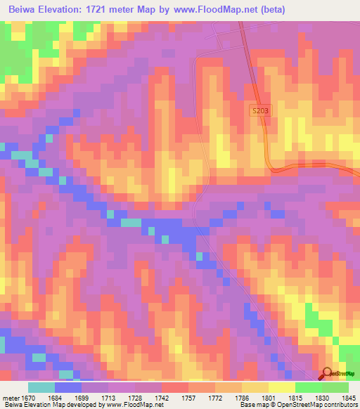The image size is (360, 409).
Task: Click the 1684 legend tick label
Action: tap(56, 398)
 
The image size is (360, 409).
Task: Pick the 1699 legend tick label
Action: tap(82, 398)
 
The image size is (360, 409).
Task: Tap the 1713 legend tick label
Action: tap(109, 398)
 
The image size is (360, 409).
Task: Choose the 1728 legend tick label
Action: tap(136, 398)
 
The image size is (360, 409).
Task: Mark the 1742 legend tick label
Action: tap(162, 398)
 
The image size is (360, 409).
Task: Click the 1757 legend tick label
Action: tap(189, 398)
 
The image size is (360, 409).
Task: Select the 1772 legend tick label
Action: tap(216, 398)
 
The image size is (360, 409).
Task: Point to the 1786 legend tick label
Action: tap(243, 398)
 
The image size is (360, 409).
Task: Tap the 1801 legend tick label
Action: tap(269, 398)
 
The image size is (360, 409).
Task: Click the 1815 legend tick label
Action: tap(295, 398)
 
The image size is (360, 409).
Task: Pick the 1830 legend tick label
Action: tap(322, 398)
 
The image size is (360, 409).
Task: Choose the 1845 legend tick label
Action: tap(348, 398)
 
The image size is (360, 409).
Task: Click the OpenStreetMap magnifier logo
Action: tap(326, 374)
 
